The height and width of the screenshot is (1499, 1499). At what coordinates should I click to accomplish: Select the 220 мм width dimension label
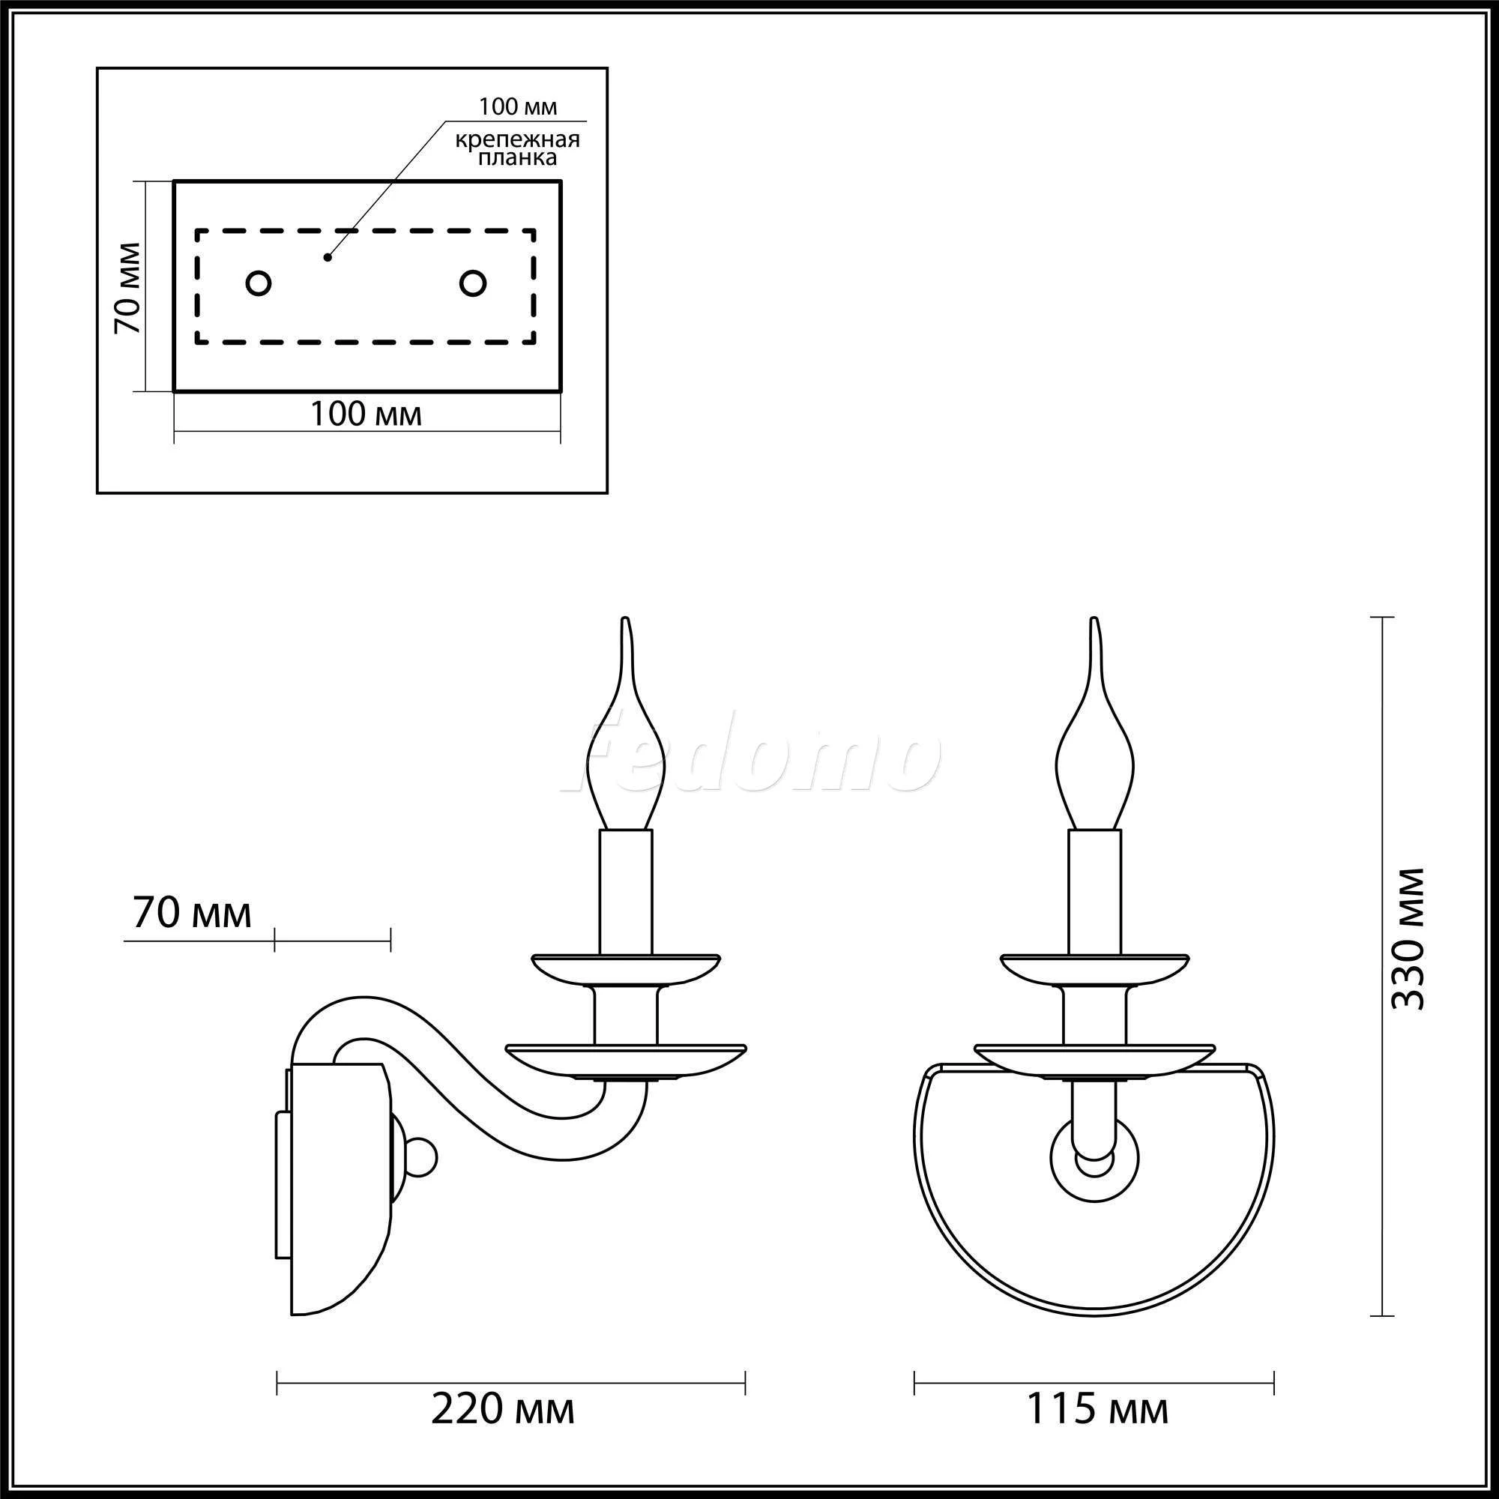tap(503, 1408)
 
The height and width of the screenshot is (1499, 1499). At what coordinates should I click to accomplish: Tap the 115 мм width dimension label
tap(1098, 1408)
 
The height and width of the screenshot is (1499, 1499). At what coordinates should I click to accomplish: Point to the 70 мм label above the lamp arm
tap(193, 913)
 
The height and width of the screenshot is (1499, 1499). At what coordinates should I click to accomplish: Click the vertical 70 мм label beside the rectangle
tap(128, 288)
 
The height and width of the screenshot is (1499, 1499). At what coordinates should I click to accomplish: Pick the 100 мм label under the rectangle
tap(367, 414)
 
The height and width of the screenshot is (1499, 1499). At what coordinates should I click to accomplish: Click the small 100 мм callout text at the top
tap(517, 106)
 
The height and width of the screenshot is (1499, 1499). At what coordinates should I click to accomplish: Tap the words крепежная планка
tap(517, 148)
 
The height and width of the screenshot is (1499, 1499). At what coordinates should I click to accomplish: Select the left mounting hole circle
tap(259, 283)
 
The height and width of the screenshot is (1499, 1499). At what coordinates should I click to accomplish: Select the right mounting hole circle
tap(472, 283)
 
